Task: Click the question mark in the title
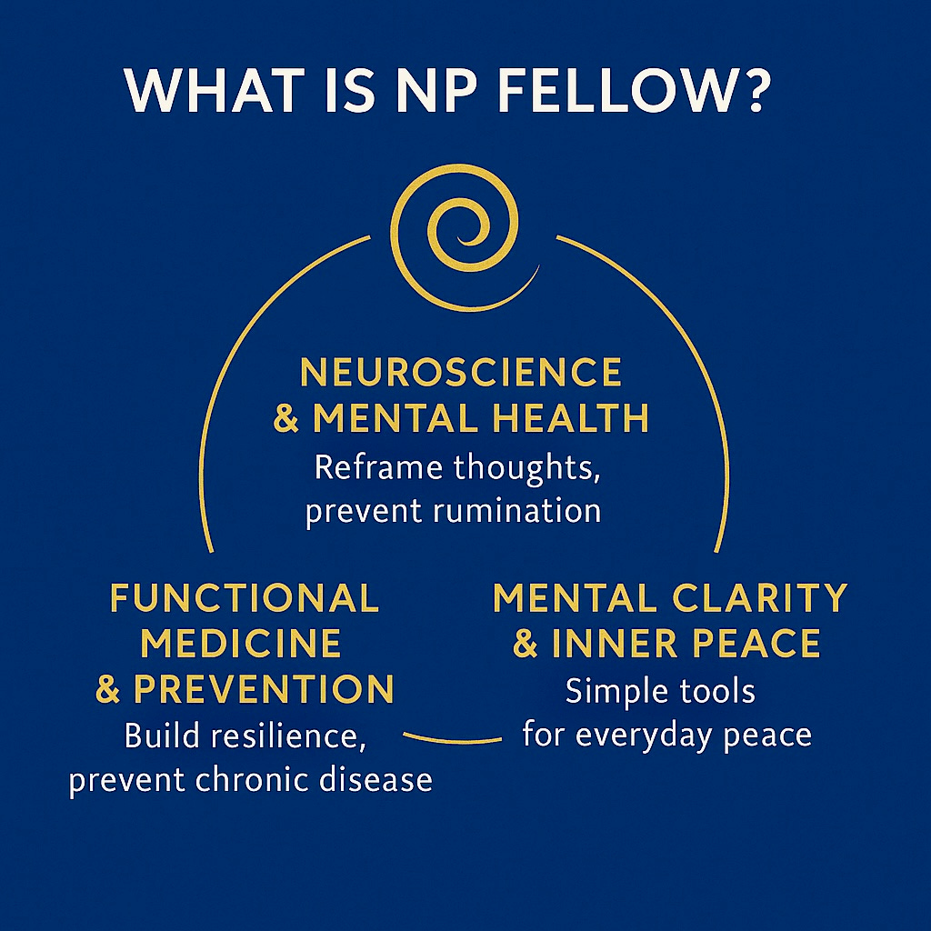[x=749, y=92]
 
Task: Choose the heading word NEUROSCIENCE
[x=461, y=373]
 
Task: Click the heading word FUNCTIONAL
[x=244, y=598]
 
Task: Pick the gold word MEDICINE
[x=242, y=644]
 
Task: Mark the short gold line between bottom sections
[x=452, y=737]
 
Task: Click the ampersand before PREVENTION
[x=108, y=689]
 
